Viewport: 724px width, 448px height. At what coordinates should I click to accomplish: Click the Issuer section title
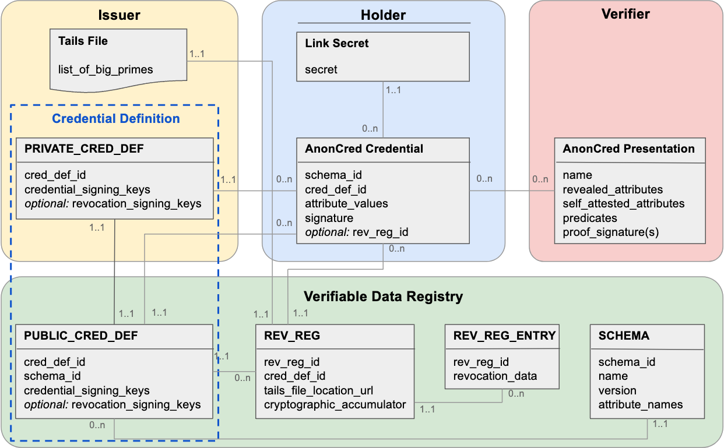coord(119,15)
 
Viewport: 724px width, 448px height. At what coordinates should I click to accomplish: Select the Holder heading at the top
coord(383,15)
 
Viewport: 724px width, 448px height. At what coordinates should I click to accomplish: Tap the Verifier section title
coord(625,13)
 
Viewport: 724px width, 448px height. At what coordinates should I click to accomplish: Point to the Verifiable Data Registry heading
coord(383,297)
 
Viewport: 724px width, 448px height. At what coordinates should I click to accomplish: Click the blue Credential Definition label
coord(116,119)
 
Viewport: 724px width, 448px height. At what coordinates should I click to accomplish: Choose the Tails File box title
coord(83,41)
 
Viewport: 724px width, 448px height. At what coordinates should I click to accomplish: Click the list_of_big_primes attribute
coord(106,70)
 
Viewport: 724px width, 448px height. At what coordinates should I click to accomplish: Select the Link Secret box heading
coord(337,43)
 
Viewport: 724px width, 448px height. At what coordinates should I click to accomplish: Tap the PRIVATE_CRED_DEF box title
coord(84,149)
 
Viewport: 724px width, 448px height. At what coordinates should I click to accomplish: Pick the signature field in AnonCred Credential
coord(329,218)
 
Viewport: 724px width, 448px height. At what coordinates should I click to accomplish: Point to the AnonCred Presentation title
coord(628,149)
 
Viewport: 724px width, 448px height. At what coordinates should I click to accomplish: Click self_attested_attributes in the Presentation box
coord(623,204)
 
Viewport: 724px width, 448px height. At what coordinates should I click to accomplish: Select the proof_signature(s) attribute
coord(610,232)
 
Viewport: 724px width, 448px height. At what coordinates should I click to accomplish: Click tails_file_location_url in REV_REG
coord(318,390)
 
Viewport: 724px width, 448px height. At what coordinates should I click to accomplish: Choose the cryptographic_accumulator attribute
coord(335,405)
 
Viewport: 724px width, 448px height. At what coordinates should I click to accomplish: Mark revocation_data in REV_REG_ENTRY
coord(495,376)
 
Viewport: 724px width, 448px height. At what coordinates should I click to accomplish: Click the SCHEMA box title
coord(624,336)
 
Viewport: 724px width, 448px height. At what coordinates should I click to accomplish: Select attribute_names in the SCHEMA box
coord(640,405)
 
